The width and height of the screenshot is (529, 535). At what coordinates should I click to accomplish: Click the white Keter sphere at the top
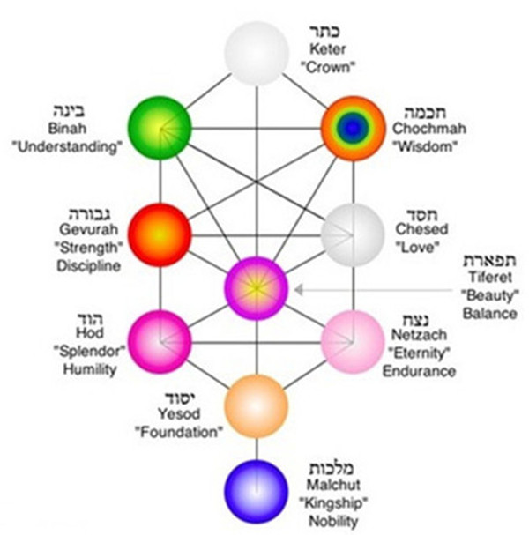(256, 52)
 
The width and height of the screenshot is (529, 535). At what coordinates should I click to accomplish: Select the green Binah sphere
(160, 127)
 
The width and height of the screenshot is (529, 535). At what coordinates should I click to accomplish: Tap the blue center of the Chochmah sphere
(353, 128)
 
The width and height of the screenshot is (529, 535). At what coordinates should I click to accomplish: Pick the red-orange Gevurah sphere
(160, 234)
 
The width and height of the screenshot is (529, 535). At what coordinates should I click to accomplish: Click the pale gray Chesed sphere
(353, 234)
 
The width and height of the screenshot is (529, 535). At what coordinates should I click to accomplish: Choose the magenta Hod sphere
(160, 338)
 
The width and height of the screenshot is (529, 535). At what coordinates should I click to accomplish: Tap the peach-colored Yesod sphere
(257, 406)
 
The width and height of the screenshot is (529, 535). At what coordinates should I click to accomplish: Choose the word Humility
(89, 369)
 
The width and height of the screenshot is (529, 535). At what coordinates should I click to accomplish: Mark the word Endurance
(419, 371)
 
